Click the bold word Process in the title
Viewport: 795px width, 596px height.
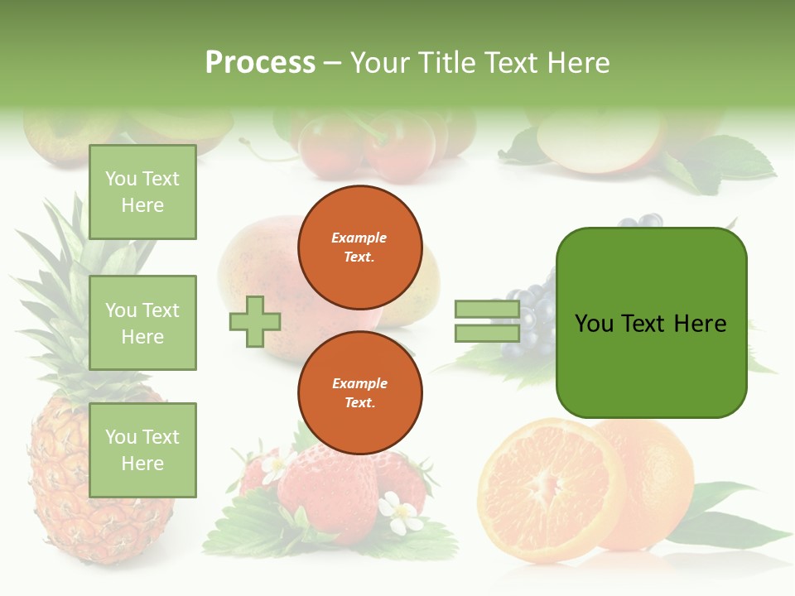(260, 63)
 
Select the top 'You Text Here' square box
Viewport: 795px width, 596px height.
(142, 192)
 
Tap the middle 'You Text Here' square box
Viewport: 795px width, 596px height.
(142, 323)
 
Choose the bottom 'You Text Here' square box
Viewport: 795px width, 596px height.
(142, 450)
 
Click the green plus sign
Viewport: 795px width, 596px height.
(255, 322)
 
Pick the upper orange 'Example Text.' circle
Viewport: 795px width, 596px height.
(359, 248)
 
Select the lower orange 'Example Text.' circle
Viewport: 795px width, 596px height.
(359, 393)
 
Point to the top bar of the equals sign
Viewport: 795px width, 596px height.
(487, 310)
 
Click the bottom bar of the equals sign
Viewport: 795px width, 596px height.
(487, 333)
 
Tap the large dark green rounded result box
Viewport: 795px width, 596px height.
(651, 323)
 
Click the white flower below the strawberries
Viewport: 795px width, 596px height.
(403, 513)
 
